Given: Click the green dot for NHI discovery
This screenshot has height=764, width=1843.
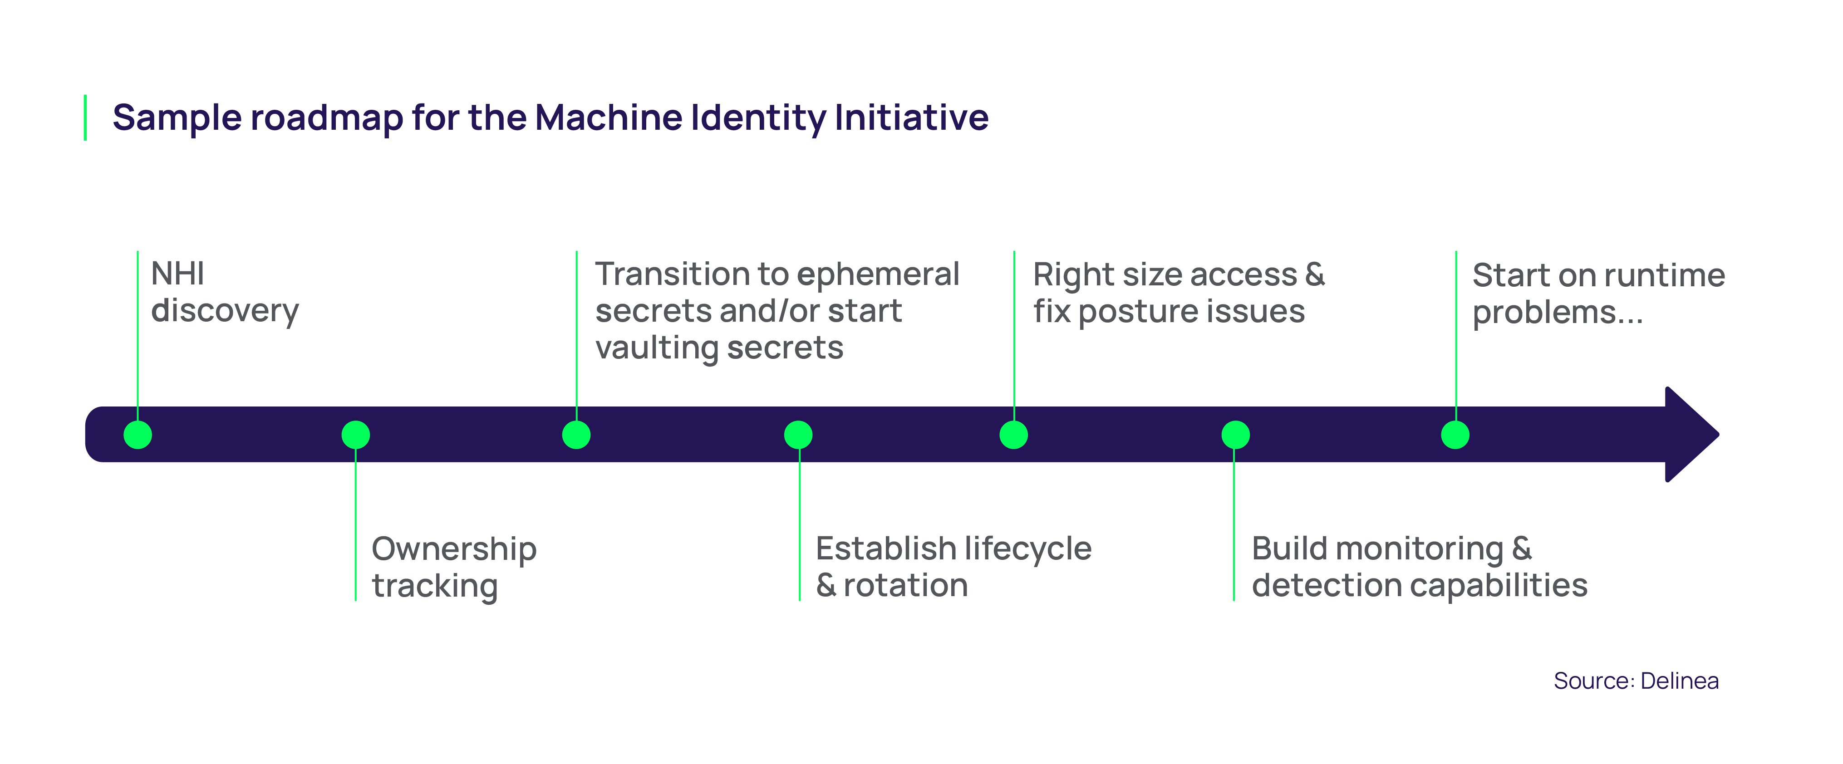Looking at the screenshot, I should (x=138, y=434).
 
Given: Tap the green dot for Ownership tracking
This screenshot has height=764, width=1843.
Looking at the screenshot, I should (x=356, y=434).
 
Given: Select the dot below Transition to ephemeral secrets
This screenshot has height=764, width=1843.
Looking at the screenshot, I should (x=576, y=434).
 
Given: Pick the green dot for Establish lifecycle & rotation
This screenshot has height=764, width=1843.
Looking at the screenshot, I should (x=798, y=434).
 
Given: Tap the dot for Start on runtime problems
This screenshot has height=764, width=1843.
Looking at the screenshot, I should (x=1455, y=434).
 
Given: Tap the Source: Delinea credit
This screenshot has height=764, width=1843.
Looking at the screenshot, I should (x=1636, y=681).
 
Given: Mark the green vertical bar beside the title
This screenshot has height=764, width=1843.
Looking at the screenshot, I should (x=85, y=118).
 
